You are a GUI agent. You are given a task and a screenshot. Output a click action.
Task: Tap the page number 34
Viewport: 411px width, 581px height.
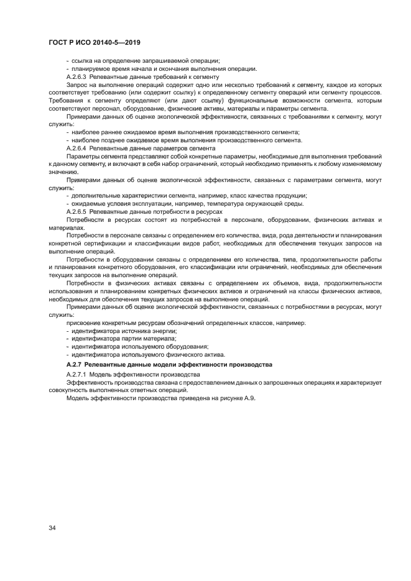[x=52, y=528]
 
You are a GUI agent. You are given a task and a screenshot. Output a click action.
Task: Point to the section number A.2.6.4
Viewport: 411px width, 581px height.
[x=76, y=148]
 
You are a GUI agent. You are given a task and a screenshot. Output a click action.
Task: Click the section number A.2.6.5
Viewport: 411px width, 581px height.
[x=76, y=212]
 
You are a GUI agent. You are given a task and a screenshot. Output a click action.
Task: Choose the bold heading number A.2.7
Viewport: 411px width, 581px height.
[x=76, y=363]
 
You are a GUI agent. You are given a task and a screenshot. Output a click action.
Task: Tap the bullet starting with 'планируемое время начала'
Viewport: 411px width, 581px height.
[x=162, y=68]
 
